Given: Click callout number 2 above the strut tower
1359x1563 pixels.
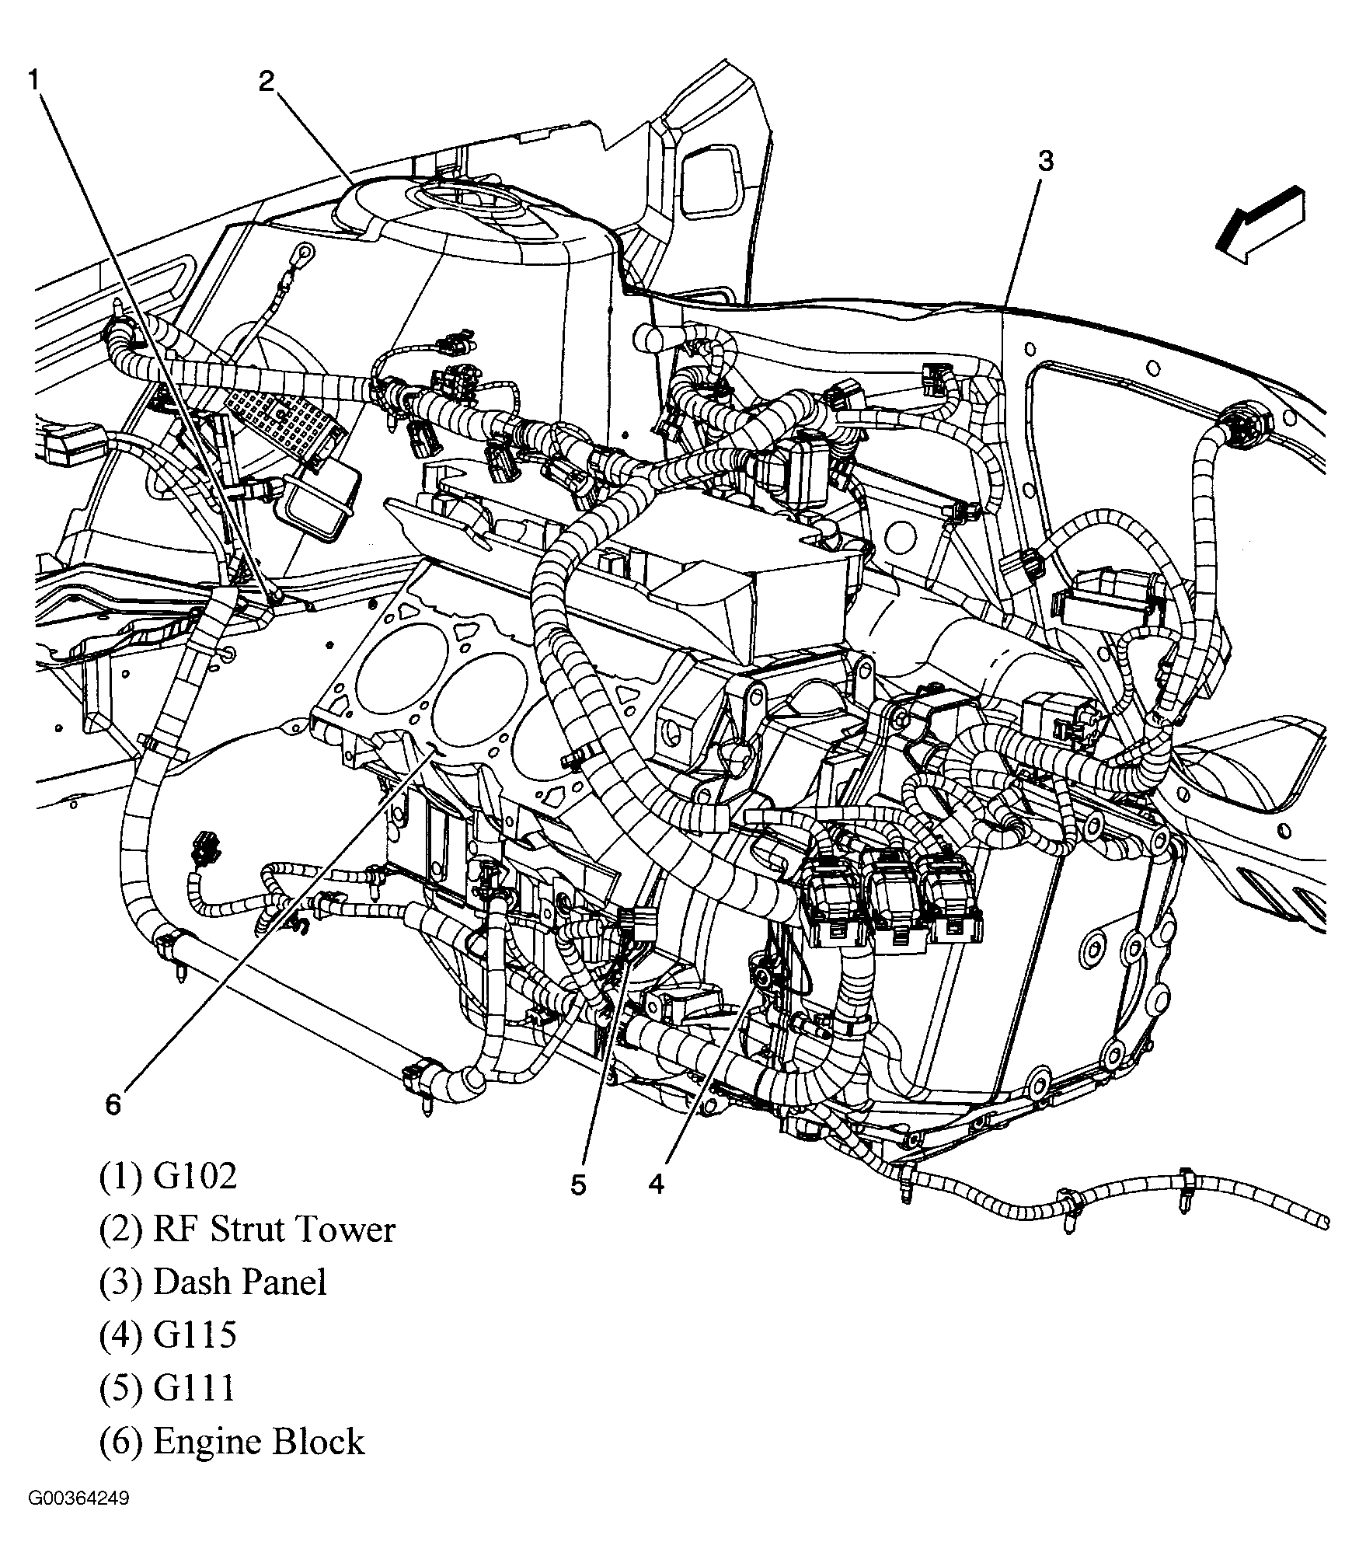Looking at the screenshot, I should [x=267, y=81].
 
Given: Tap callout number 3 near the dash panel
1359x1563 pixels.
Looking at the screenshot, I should [x=1046, y=162].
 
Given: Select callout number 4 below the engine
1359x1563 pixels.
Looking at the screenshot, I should [x=657, y=1184].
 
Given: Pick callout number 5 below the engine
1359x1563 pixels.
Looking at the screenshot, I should [x=578, y=1184].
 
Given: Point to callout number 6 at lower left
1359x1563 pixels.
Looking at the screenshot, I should [x=113, y=1104].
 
